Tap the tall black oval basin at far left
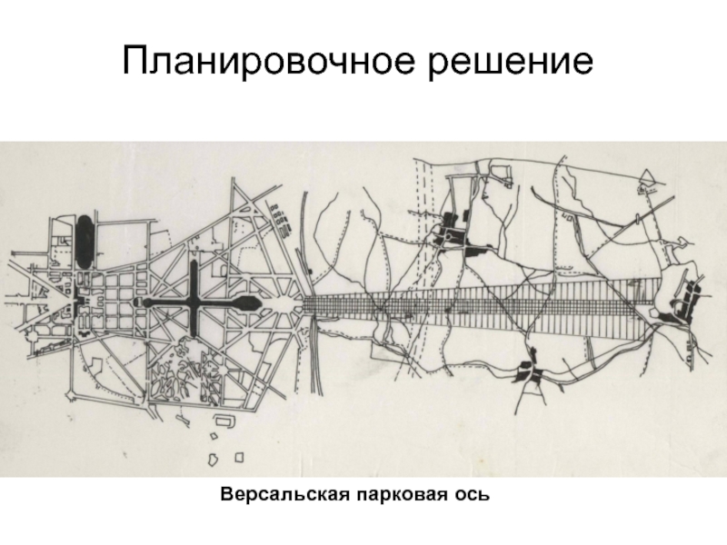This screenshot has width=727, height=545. click(x=84, y=235)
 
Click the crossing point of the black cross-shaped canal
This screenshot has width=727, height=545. click(x=194, y=302)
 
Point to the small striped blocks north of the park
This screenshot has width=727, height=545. click(x=283, y=218)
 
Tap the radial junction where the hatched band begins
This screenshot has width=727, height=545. click(x=295, y=304)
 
